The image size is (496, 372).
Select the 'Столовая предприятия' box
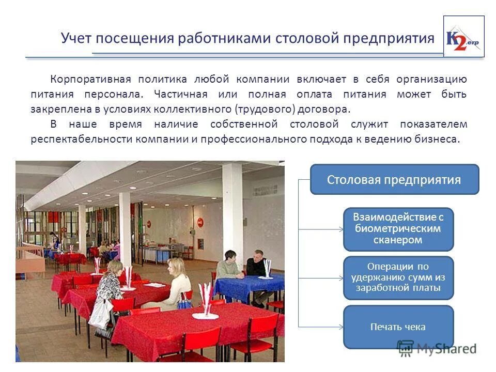[394, 179]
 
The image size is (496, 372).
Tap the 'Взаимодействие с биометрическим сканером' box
[398, 229]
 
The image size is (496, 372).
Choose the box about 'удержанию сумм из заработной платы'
[398, 277]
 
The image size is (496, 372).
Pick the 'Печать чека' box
[398, 327]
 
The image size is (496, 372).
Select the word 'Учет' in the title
[75, 38]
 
